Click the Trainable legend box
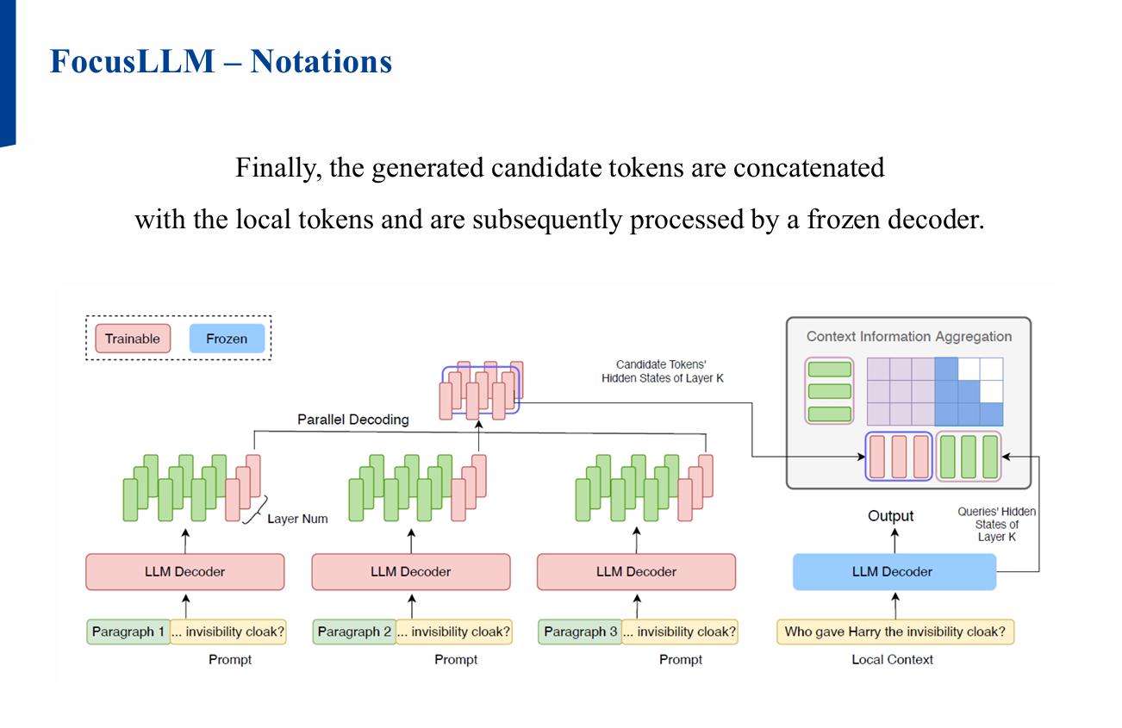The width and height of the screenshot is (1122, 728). [x=133, y=339]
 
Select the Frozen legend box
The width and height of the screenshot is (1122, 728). [x=227, y=339]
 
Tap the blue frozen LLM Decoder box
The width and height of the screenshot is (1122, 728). [x=893, y=572]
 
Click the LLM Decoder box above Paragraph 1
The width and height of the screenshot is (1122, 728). [x=185, y=572]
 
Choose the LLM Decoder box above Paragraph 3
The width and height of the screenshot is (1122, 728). [x=636, y=572]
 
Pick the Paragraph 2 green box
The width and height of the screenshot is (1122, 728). [x=354, y=632]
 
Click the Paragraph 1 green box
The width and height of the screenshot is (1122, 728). [x=128, y=632]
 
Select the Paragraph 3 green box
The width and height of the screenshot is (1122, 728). [x=580, y=632]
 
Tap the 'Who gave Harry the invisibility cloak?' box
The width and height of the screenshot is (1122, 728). [x=894, y=632]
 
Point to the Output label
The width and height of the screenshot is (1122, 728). [x=890, y=516]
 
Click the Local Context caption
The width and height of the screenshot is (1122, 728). [x=892, y=660]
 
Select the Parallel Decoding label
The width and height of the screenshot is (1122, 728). [x=353, y=420]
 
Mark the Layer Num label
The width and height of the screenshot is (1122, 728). [x=297, y=520]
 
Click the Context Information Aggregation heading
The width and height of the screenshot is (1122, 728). [x=909, y=337]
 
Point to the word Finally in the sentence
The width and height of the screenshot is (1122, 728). [x=278, y=167]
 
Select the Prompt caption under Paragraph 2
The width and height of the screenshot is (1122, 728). [x=456, y=660]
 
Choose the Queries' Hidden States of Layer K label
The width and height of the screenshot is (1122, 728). [x=997, y=524]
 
